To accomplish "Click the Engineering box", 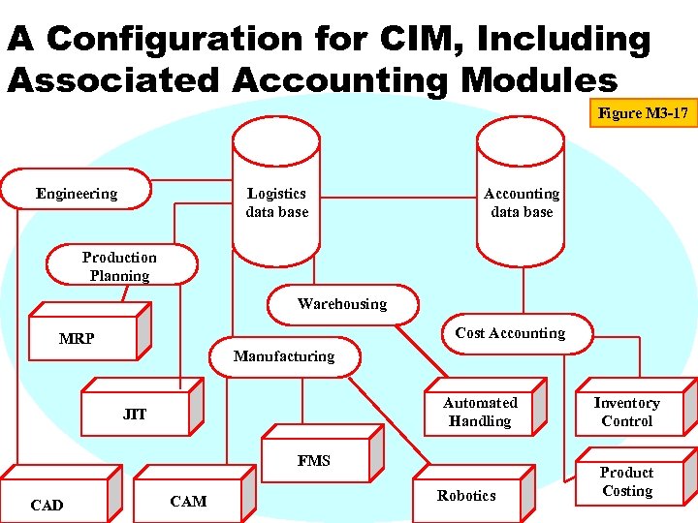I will (x=77, y=194).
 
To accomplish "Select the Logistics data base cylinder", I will (x=276, y=202).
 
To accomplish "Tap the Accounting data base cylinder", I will (x=522, y=202).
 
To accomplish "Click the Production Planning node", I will (x=119, y=265).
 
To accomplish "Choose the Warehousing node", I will (x=342, y=304).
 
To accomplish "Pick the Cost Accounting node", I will (x=510, y=333).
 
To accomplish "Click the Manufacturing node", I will (x=284, y=356).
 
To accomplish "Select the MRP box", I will (x=78, y=339).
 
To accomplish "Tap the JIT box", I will (x=135, y=415).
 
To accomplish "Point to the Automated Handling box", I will (x=480, y=412).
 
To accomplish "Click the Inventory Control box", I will (x=626, y=412).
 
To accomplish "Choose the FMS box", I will (x=314, y=461).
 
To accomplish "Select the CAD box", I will (x=47, y=505).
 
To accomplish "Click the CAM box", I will (x=188, y=501).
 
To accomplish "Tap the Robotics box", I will (x=466, y=496).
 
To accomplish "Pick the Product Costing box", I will (x=626, y=481).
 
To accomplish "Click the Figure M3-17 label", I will (x=643, y=114).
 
